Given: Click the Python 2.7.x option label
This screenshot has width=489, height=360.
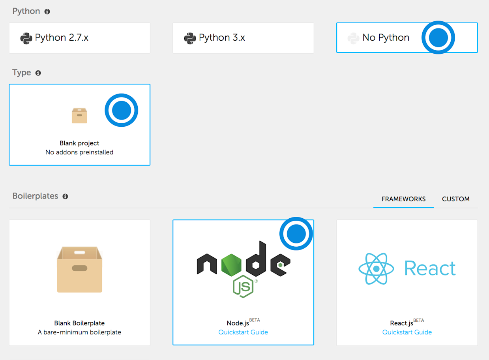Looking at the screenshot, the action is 62,37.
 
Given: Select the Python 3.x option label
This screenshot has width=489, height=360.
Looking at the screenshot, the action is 222,37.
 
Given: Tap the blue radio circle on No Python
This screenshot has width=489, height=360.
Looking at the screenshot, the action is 438,37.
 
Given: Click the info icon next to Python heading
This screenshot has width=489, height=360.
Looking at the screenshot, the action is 47,11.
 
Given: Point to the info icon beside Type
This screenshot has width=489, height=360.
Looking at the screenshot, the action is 38,73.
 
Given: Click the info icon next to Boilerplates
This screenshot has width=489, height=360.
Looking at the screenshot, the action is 65,197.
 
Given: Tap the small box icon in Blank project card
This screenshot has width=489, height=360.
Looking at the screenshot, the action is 79,116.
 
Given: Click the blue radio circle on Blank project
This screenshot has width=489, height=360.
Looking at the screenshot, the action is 122,110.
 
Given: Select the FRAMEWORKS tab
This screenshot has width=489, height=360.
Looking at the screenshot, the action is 403,199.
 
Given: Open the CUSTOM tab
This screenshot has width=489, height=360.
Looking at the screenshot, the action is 455,199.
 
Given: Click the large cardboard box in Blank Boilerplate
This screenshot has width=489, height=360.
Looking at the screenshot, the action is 79,270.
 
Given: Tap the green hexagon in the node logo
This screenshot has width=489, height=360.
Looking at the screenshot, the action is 231,265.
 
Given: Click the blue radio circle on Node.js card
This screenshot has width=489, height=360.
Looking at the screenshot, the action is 296,234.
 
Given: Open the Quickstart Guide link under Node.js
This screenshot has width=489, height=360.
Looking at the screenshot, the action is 243,332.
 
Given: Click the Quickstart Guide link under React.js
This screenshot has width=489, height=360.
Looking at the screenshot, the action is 407,332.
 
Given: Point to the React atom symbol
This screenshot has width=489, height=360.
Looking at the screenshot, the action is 376,269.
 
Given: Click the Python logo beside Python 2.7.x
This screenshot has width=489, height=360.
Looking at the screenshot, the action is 26,38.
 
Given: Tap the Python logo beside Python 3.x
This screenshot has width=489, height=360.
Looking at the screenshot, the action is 190,38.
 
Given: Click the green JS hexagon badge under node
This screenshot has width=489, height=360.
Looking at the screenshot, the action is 243,287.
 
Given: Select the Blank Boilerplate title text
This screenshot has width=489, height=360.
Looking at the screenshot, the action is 79,323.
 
